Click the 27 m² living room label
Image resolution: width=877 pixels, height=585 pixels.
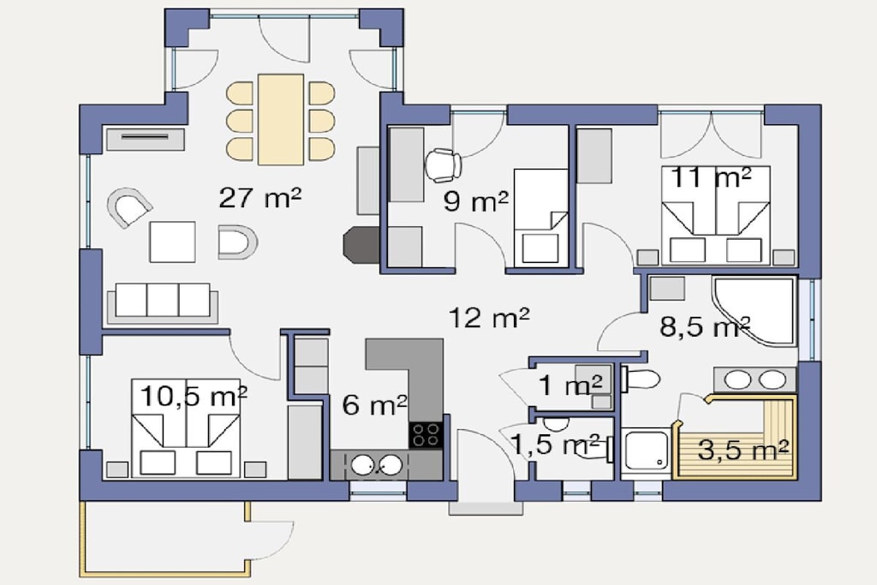(x=260, y=197)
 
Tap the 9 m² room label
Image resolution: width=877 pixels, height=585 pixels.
(x=476, y=200)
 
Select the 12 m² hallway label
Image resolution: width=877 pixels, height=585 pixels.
(x=489, y=318)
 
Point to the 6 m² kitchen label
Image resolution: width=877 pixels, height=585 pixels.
(x=374, y=404)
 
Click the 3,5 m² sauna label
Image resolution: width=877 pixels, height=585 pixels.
(x=743, y=450)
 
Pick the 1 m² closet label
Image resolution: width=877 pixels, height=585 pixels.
(x=570, y=385)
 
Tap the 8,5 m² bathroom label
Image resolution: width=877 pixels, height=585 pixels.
(x=705, y=326)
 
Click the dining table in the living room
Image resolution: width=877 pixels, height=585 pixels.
(x=281, y=119)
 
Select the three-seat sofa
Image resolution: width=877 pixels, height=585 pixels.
(x=162, y=302)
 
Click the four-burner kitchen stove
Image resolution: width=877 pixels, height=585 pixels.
(x=427, y=434)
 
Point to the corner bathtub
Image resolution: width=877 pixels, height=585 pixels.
(x=754, y=310)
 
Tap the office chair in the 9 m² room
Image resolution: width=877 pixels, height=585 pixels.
(x=444, y=165)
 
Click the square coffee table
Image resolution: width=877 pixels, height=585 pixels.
(x=172, y=242)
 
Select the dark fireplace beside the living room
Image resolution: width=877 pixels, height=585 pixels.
(x=361, y=244)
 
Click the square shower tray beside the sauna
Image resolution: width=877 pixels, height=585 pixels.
(x=647, y=451)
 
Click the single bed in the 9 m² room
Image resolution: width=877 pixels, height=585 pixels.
(x=540, y=217)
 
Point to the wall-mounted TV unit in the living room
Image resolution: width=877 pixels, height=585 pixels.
(x=145, y=138)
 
